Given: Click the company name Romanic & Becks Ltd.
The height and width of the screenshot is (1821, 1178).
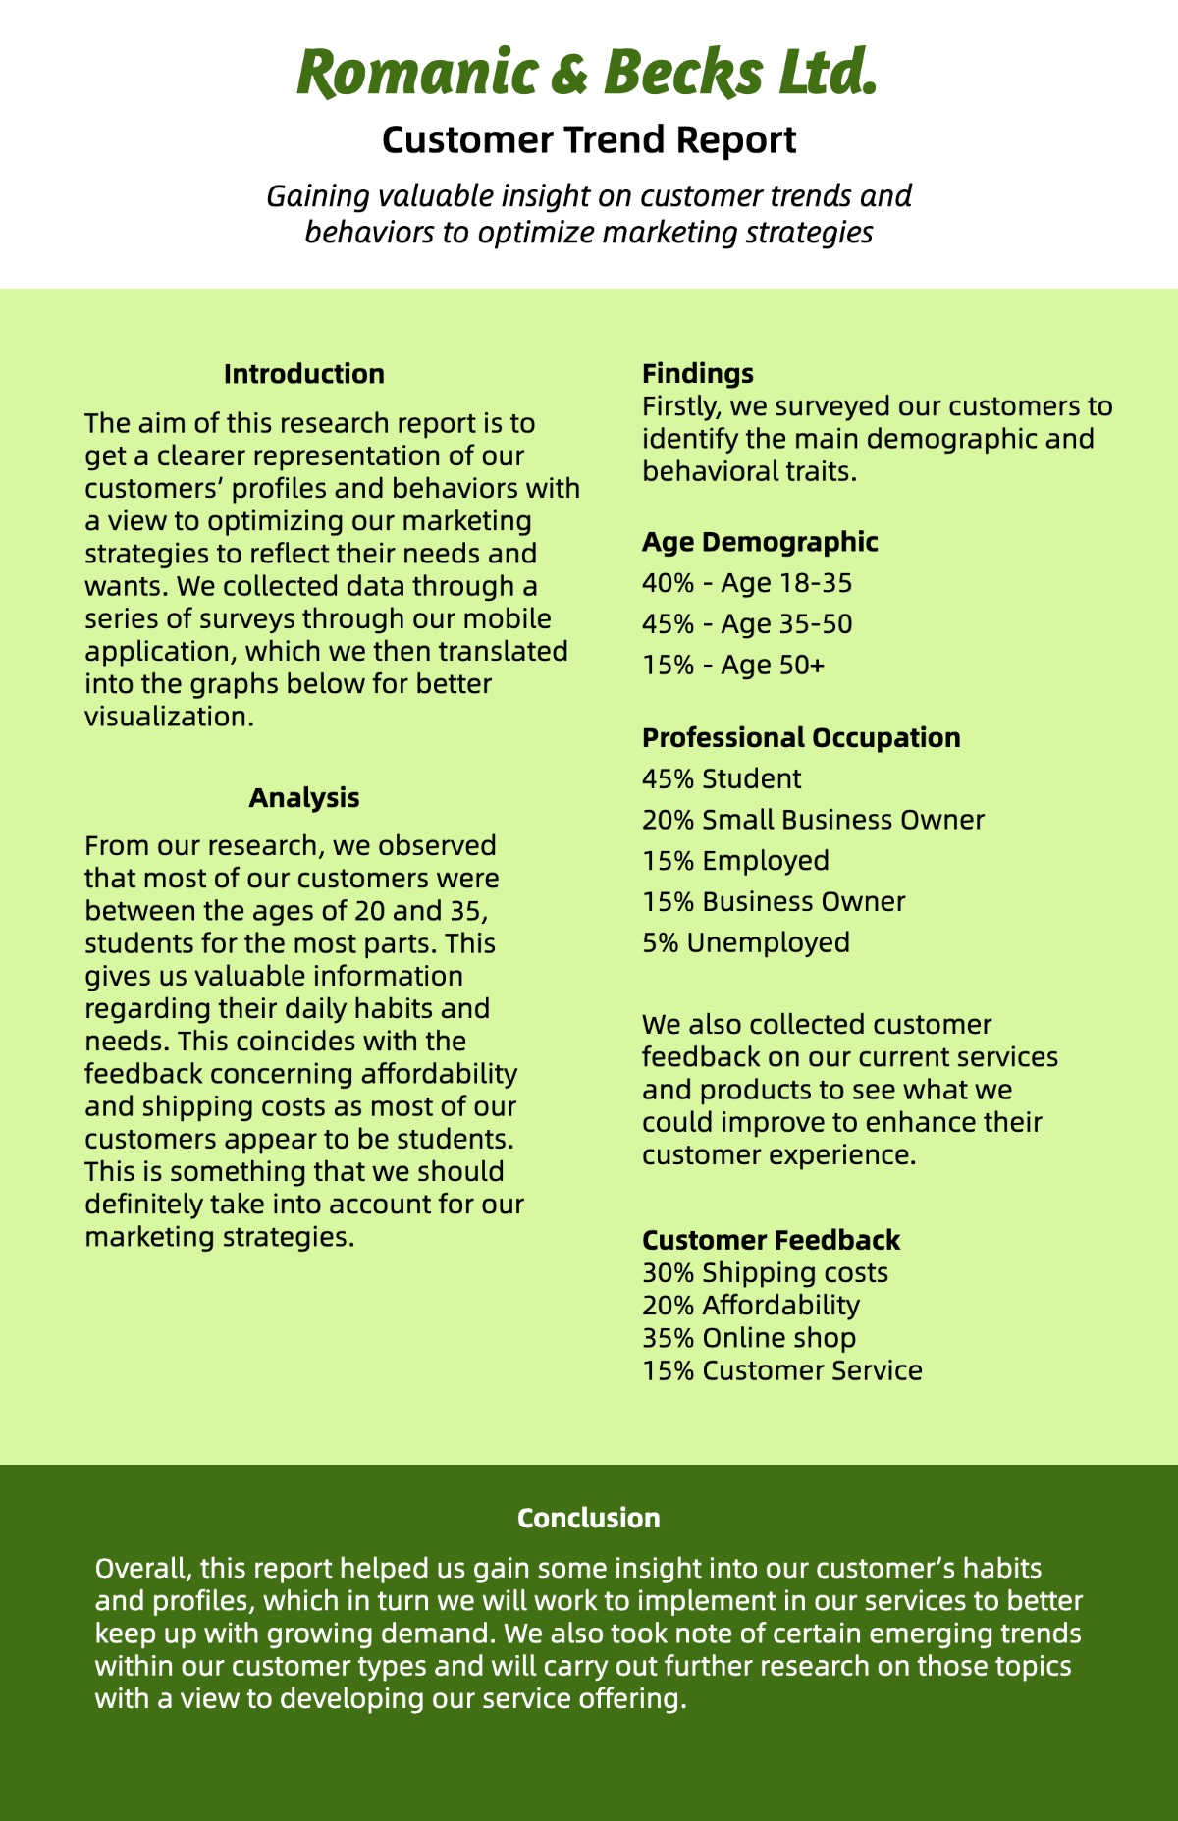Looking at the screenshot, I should [587, 74].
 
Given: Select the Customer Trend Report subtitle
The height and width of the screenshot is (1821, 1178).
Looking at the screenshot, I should [589, 140].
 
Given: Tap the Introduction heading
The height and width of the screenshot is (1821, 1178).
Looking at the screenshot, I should [303, 374].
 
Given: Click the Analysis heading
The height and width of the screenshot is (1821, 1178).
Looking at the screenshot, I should [303, 797].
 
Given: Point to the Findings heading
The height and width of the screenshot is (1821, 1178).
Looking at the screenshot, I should [698, 373].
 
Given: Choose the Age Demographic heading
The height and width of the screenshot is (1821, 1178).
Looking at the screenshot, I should [760, 542].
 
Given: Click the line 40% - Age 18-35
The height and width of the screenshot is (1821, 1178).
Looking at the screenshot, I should [747, 583].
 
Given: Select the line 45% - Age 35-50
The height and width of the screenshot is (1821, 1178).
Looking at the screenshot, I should [747, 624].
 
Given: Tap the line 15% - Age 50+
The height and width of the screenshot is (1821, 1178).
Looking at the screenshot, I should [733, 666].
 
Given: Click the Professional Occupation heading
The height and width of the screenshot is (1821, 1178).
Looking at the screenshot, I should [801, 737].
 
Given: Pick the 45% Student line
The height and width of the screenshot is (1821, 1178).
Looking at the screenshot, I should [722, 778].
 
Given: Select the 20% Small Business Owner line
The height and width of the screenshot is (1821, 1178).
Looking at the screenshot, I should [813, 820].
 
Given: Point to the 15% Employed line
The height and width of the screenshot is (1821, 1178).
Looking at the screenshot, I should [735, 861].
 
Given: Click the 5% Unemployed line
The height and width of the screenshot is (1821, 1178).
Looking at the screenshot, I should [746, 942].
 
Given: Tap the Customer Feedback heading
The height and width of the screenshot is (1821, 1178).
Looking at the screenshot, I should [771, 1240].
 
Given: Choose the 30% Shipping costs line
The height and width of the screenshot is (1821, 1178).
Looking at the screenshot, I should [765, 1273].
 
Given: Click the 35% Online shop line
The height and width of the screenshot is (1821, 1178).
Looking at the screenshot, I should [749, 1338].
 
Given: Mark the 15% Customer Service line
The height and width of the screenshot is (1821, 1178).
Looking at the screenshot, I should [782, 1370].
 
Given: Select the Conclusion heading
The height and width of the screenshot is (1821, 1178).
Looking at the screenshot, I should [589, 1518].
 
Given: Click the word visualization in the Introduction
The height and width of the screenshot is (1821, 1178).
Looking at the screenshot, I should [169, 717].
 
